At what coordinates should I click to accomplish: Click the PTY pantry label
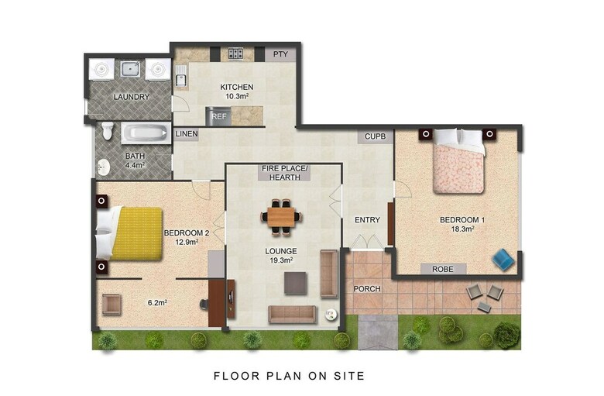click(x=280, y=54)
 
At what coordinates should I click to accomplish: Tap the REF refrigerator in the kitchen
click(x=219, y=116)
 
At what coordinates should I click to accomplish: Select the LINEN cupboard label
click(x=187, y=134)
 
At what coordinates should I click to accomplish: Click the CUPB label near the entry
click(x=376, y=136)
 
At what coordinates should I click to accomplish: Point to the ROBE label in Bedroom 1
click(x=443, y=269)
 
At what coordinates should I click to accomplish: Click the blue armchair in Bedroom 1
click(x=503, y=258)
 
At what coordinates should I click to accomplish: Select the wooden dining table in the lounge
click(x=281, y=217)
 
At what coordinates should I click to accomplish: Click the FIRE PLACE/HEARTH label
click(x=285, y=173)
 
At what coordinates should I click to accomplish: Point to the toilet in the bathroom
click(x=108, y=131)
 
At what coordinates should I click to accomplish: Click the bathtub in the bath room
click(x=146, y=133)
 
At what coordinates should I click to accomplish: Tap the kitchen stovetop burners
click(x=235, y=53)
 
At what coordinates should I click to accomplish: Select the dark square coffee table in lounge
click(x=296, y=284)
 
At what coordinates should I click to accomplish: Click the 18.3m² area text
click(x=462, y=229)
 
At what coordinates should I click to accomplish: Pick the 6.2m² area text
click(x=157, y=303)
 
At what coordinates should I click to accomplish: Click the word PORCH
click(x=367, y=289)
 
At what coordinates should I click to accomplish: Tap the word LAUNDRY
click(x=132, y=97)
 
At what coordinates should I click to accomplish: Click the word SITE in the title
click(x=349, y=376)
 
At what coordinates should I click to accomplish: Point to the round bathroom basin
click(x=103, y=167)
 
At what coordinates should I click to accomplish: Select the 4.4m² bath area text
click(x=135, y=165)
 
